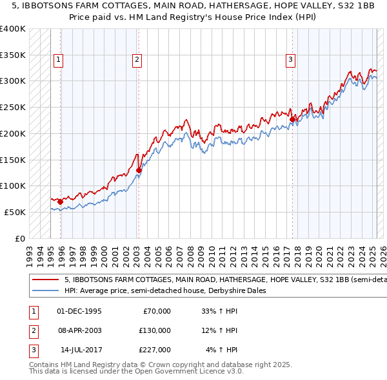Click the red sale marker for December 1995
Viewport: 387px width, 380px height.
click(x=60, y=202)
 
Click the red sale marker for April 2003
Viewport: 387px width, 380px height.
click(x=139, y=171)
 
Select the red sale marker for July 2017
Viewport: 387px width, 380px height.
click(x=292, y=119)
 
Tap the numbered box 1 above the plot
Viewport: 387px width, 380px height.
click(x=58, y=60)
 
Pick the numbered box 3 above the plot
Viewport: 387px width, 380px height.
click(x=291, y=60)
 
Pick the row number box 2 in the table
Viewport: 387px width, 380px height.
click(x=32, y=330)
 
